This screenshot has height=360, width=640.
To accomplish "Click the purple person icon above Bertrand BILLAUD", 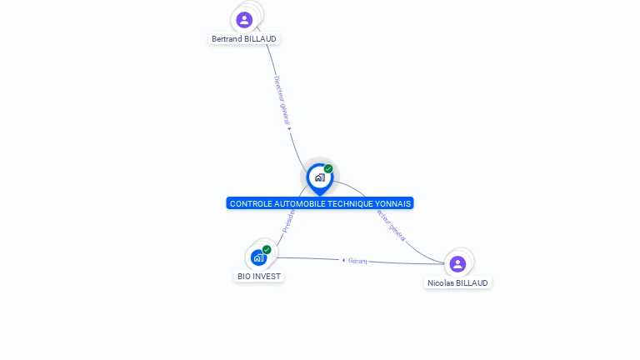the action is [244, 19].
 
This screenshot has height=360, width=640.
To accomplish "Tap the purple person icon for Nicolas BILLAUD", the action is [457, 264].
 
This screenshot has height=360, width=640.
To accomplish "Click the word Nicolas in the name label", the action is [441, 283].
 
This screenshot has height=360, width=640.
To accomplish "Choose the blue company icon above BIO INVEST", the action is [258, 257].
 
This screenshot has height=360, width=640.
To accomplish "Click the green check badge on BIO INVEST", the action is [267, 249].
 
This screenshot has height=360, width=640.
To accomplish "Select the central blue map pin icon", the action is [319, 177].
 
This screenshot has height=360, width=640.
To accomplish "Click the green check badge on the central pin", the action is [328, 168].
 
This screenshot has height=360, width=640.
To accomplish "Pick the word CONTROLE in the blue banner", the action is [249, 203].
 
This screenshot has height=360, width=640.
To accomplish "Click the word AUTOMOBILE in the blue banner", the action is [294, 203].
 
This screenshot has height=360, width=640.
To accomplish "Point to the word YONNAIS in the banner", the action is [393, 203].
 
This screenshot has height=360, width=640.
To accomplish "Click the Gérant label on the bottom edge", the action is [357, 261].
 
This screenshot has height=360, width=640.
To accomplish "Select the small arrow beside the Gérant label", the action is [343, 260].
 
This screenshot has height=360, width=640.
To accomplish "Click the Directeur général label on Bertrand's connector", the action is [281, 98].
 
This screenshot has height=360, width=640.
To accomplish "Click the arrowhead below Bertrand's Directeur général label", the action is [289, 128].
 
